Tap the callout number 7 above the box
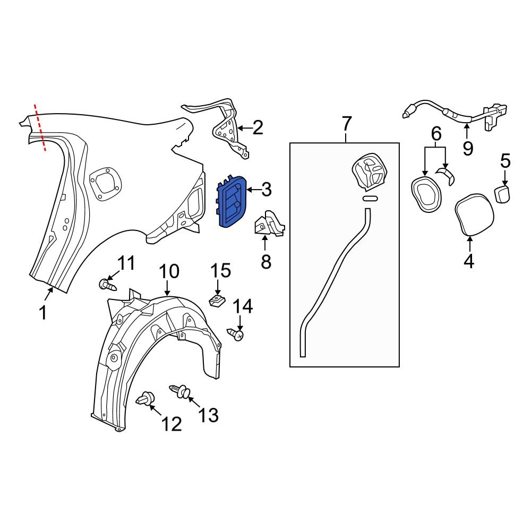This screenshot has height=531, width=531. tap(346, 124)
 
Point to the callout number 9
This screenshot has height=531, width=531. tap(467, 148)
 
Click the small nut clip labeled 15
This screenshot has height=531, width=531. tap(216, 302)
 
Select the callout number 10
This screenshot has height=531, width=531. tap(170, 272)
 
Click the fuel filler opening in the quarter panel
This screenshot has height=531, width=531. tap(105, 183)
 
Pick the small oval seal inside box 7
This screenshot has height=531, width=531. tap(370, 199)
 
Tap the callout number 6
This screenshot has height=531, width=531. tap(436, 134)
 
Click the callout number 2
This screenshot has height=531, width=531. tap(258, 128)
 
